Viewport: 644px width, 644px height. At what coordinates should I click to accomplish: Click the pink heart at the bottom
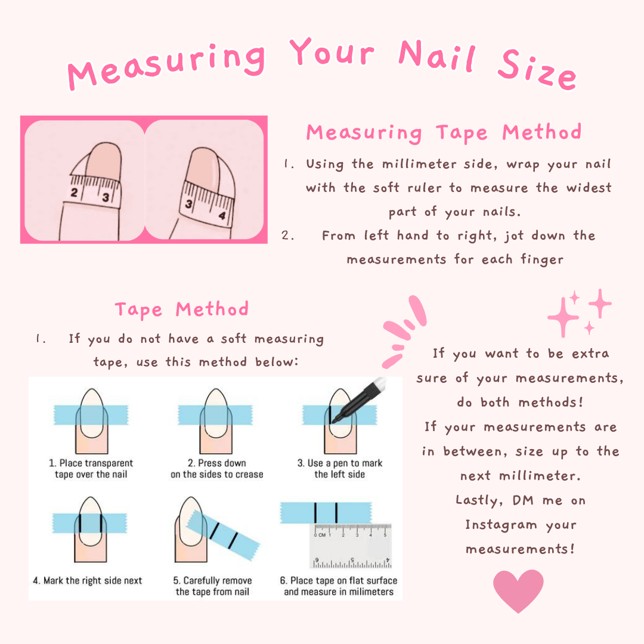pyautogui.click(x=518, y=590)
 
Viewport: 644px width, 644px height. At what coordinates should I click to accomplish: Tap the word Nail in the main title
pyautogui.click(x=437, y=56)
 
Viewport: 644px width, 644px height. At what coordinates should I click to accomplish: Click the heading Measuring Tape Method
pyautogui.click(x=444, y=132)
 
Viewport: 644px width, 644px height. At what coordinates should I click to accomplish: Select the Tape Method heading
pyautogui.click(x=181, y=309)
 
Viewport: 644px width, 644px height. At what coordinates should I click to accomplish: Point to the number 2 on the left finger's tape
pyautogui.click(x=74, y=192)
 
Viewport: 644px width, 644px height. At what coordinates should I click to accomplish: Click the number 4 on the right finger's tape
pyautogui.click(x=222, y=216)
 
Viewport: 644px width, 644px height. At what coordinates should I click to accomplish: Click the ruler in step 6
pyautogui.click(x=351, y=546)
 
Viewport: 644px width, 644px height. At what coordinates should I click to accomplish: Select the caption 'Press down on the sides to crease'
pyautogui.click(x=217, y=469)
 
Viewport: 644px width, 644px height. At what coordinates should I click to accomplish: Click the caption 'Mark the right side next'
pyautogui.click(x=88, y=580)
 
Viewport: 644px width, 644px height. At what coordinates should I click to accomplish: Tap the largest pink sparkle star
pyautogui.click(x=563, y=317)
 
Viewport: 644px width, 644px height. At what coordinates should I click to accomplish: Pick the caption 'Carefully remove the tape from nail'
pyautogui.click(x=212, y=586)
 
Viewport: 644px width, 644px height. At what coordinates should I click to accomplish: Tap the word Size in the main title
pyautogui.click(x=537, y=70)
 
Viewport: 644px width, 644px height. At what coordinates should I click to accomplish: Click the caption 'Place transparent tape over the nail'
pyautogui.click(x=91, y=469)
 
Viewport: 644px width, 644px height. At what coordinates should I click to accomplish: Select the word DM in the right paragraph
pyautogui.click(x=523, y=500)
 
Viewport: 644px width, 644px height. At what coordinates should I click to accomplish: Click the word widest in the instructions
pyautogui.click(x=589, y=188)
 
